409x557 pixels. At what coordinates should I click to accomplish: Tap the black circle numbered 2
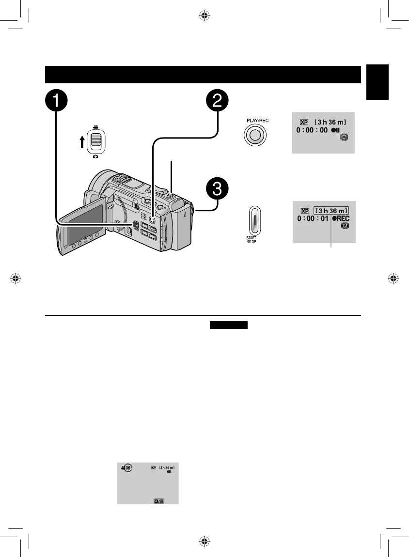click(217, 102)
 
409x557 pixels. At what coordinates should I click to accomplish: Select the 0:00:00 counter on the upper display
click(313, 131)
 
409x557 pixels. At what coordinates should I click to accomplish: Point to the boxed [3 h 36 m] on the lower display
click(331, 210)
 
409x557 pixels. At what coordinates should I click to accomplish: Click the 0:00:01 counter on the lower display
click(313, 219)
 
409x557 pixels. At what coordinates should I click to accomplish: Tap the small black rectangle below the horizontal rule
click(228, 325)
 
